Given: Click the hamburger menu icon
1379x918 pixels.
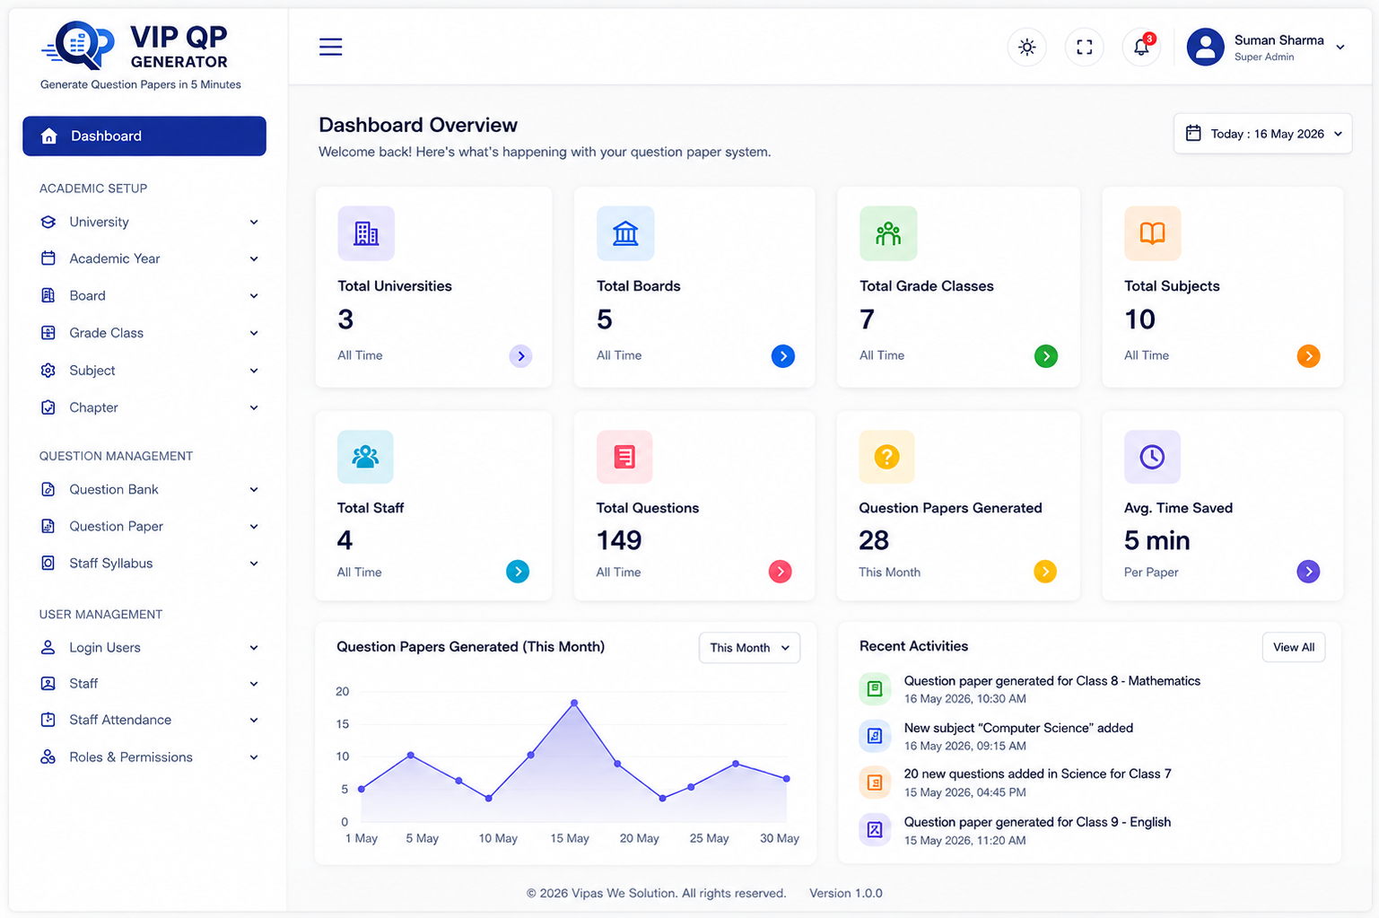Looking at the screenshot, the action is (x=330, y=47).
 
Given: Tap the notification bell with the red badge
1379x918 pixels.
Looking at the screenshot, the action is (x=1141, y=47).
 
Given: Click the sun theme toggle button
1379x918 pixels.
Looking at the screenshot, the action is (x=1026, y=47).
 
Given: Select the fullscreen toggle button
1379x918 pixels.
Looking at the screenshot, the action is (x=1084, y=47).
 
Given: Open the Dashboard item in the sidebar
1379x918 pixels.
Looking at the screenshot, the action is (x=144, y=136).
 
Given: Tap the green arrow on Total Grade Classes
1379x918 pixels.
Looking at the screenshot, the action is (x=1046, y=356).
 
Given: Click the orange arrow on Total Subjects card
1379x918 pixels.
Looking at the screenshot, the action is (x=1308, y=356).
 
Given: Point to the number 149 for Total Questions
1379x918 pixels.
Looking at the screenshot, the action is (x=619, y=540).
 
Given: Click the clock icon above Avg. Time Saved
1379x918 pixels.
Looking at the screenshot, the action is (x=1152, y=457).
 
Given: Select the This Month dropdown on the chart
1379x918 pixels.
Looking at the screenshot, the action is (x=749, y=648).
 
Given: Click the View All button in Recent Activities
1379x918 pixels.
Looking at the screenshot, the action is (x=1294, y=647).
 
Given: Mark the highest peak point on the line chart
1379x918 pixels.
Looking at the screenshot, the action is (x=574, y=703).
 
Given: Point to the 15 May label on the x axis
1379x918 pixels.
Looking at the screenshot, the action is (x=570, y=838).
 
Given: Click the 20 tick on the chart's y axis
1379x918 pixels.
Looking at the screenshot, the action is (x=343, y=692).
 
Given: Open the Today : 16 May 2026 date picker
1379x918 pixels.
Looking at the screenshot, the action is (x=1262, y=134).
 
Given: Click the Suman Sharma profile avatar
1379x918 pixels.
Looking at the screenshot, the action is (x=1206, y=47).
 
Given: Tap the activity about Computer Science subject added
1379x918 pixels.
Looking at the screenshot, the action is (x=1018, y=736).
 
